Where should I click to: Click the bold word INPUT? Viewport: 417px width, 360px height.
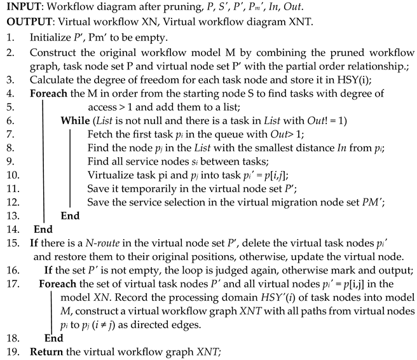[24, 7]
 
